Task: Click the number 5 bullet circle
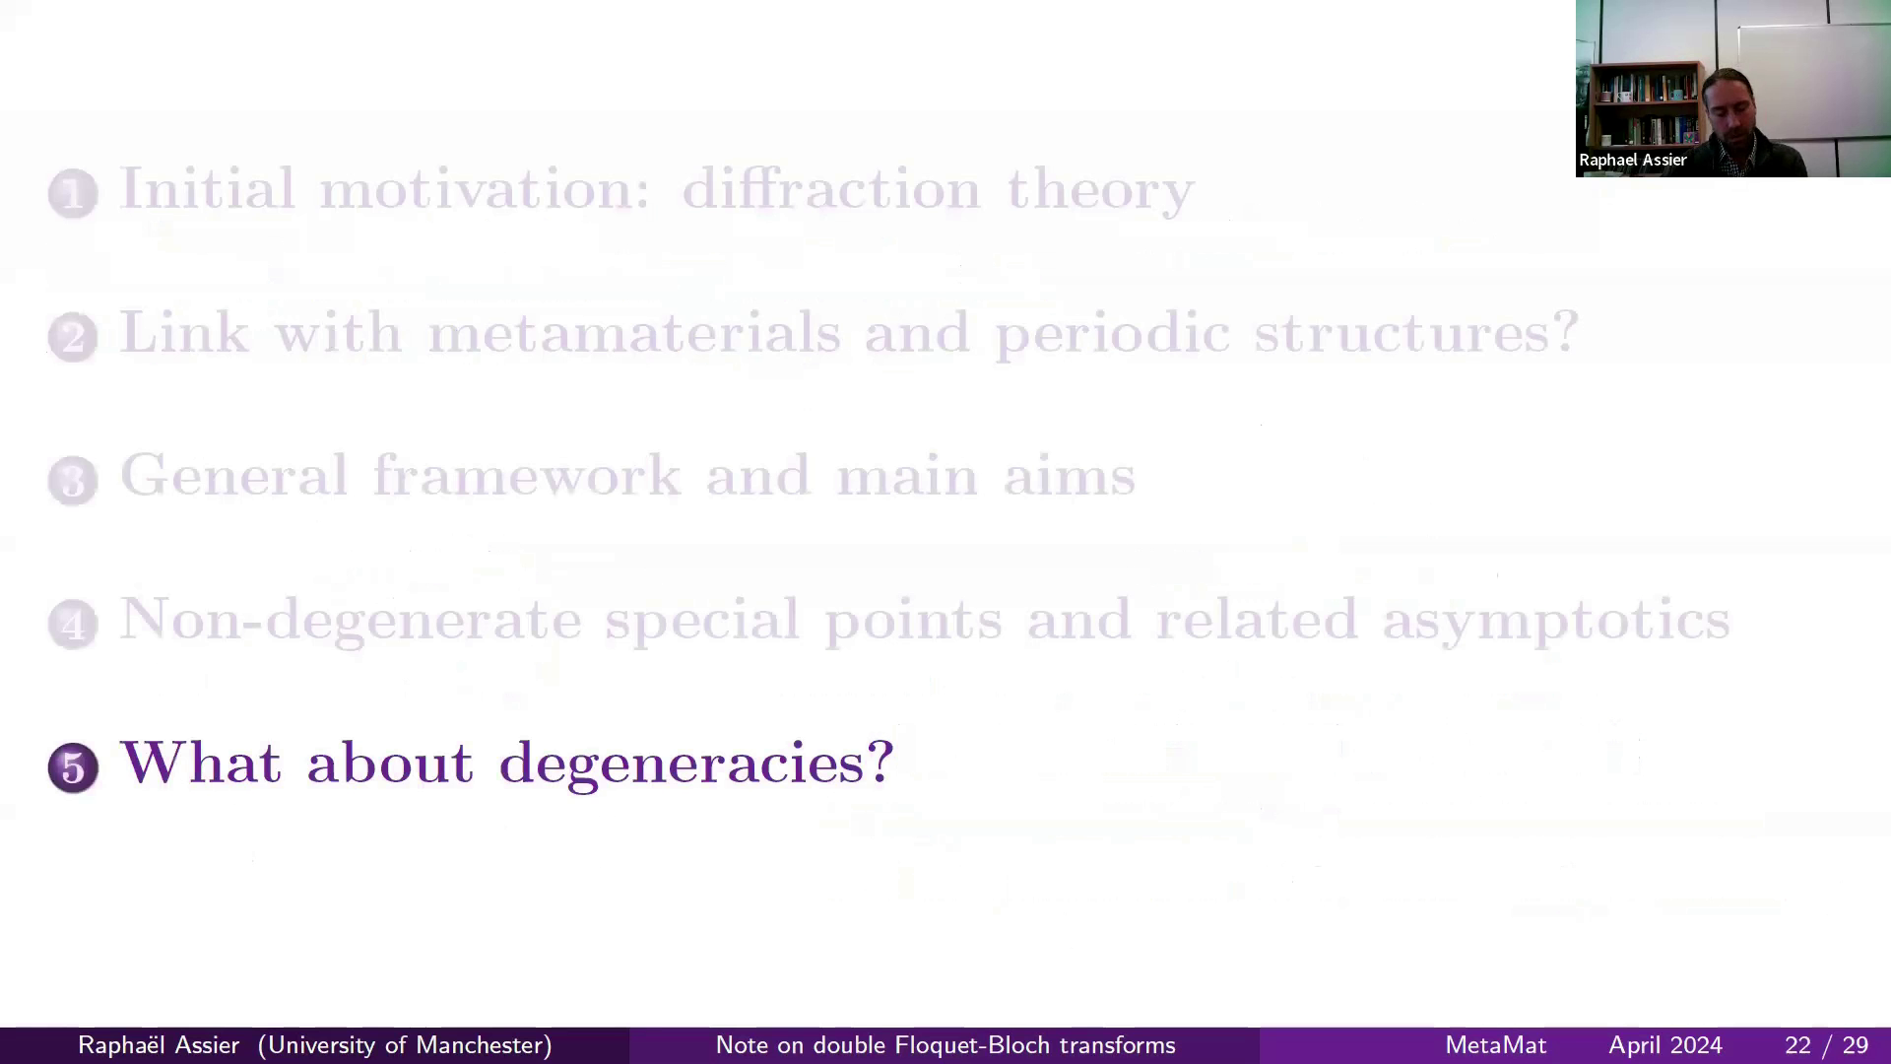(73, 767)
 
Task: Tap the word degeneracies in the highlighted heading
(696, 764)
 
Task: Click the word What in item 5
(200, 763)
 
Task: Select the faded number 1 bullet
(73, 193)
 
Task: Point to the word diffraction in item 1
(831, 188)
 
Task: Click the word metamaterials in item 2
(633, 332)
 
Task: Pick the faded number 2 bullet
(73, 337)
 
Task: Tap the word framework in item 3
(526, 476)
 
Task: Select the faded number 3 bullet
(73, 481)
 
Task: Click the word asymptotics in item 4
(1555, 620)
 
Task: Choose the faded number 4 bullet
(73, 624)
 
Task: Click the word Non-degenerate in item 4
(351, 620)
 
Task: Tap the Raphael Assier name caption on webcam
(1632, 160)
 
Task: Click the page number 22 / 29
(1826, 1045)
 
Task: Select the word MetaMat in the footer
(1495, 1045)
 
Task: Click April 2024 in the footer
(1664, 1045)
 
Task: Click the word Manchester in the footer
(483, 1045)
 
